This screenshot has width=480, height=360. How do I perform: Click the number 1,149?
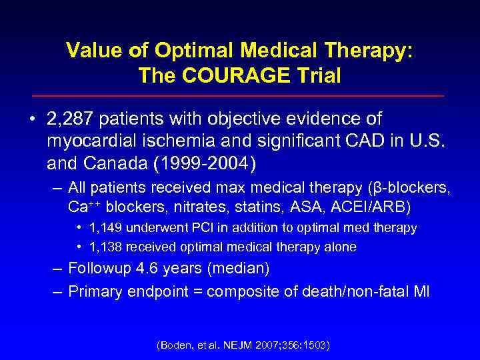point(102,228)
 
